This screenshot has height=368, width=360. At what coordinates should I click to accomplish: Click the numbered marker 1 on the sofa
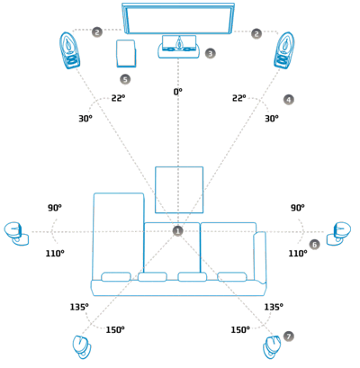tap(178, 231)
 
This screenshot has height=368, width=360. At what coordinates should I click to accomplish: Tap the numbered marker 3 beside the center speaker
tap(211, 53)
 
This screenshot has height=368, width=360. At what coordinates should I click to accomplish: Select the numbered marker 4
tap(289, 100)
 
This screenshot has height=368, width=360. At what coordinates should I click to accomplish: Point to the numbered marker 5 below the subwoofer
tap(125, 79)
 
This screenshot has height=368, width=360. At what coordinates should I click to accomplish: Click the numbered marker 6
tap(314, 245)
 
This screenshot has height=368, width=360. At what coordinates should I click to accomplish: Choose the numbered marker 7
tap(289, 337)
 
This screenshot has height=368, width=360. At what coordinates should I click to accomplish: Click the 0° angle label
tap(178, 92)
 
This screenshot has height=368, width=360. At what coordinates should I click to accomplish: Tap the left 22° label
tap(118, 98)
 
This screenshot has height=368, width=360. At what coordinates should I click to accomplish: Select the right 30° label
tap(272, 119)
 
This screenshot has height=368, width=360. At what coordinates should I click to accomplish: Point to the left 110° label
tap(55, 254)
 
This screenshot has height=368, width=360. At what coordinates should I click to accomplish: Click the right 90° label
tap(298, 208)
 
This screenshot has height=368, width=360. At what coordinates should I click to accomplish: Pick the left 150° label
tap(115, 330)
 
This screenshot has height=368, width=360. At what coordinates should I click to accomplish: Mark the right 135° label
tap(274, 307)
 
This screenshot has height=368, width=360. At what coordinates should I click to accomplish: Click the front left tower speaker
tap(70, 50)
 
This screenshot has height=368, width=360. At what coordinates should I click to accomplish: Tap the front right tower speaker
tap(283, 50)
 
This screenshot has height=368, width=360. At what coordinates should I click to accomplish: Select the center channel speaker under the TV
tap(179, 47)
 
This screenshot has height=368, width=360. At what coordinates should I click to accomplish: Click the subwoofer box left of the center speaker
tap(126, 53)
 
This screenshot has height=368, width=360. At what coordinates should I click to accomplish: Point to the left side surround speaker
tap(16, 234)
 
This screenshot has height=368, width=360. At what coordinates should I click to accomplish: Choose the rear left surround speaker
tap(82, 347)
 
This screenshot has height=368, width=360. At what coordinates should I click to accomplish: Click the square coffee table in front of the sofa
tap(179, 190)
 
